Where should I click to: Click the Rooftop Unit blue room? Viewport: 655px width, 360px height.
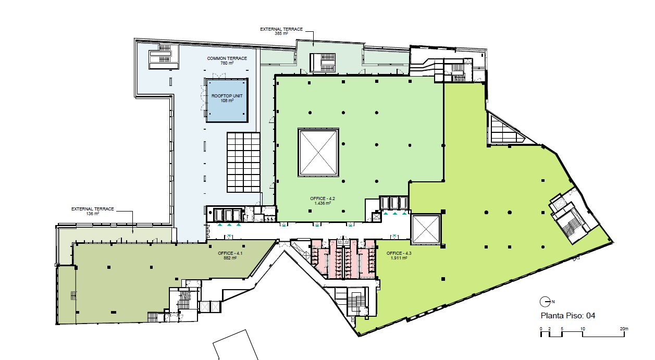point(227,101)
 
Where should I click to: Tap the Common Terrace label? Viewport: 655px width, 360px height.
point(227,60)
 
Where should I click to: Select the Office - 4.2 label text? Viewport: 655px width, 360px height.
point(323,201)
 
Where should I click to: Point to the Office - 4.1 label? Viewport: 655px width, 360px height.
point(230,255)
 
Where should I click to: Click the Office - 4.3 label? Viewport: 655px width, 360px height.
point(399,255)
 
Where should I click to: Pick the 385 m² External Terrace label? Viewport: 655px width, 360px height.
point(281,31)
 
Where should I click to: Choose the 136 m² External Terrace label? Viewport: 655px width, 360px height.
point(93,211)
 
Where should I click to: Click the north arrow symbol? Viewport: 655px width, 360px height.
point(546,302)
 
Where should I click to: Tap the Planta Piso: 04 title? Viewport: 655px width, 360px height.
point(568,316)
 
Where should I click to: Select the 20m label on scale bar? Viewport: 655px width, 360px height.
point(624,329)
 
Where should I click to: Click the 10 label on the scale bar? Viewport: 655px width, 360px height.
point(583,329)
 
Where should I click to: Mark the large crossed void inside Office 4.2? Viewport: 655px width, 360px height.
point(318,152)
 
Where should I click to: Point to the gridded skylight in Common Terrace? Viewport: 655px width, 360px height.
point(243,162)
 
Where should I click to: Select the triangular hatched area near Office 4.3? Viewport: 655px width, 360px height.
point(508,130)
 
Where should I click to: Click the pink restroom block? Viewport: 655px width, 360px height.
point(343,259)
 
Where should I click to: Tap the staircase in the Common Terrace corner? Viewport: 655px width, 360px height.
point(164,56)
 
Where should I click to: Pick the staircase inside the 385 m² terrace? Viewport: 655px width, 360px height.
point(323,62)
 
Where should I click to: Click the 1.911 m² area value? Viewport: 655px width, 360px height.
point(399,258)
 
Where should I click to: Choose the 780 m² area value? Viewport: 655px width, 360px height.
point(227,63)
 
